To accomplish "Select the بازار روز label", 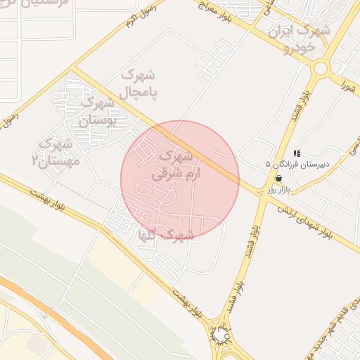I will point(279,190).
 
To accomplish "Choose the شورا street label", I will point(347,86).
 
